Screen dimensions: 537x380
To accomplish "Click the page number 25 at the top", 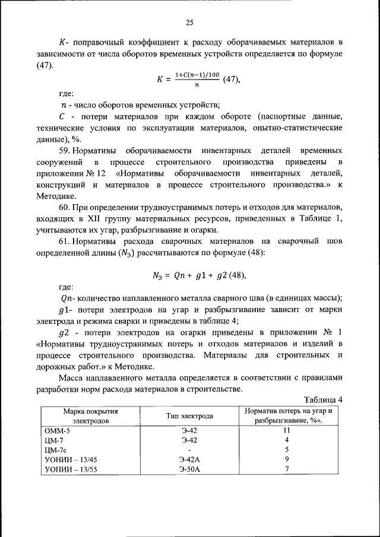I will pos(189,23).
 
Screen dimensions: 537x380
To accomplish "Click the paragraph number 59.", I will pos(65,151).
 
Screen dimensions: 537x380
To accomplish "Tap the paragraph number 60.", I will pos(65,207).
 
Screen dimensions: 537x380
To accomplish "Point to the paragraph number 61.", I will pos(65,241).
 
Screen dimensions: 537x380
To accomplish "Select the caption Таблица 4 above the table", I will pos(323,399).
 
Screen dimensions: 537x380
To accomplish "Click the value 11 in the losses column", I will pos(286,430).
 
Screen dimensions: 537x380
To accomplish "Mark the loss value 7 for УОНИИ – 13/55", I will pos(286,469).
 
